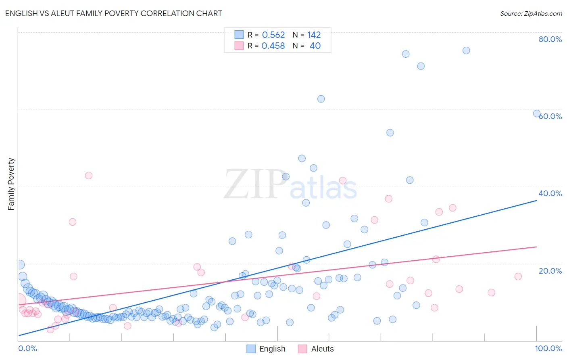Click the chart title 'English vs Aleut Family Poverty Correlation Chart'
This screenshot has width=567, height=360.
tap(113, 13)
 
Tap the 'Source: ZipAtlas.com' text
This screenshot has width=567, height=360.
tap(531, 13)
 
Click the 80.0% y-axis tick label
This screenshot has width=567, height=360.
tap(550, 39)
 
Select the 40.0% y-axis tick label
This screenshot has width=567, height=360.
tap(550, 193)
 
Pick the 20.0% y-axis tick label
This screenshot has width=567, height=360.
tap(550, 271)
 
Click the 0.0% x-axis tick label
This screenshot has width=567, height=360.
tap(28, 349)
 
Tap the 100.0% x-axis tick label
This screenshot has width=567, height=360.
tap(548, 349)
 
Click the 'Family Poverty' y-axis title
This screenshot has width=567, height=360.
tap(11, 184)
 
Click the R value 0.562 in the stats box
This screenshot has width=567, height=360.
tap(273, 35)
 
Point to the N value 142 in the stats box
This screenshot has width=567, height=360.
tap(314, 35)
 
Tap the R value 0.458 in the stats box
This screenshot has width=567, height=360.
tap(273, 46)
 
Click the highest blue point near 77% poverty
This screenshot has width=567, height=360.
tap(466, 50)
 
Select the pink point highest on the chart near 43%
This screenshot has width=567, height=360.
tap(89, 176)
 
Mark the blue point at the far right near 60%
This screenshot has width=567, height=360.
tap(537, 114)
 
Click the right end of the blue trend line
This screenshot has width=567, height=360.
tap(536, 200)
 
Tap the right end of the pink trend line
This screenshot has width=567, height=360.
tap(536, 247)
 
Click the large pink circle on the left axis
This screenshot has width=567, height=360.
tap(19, 300)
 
